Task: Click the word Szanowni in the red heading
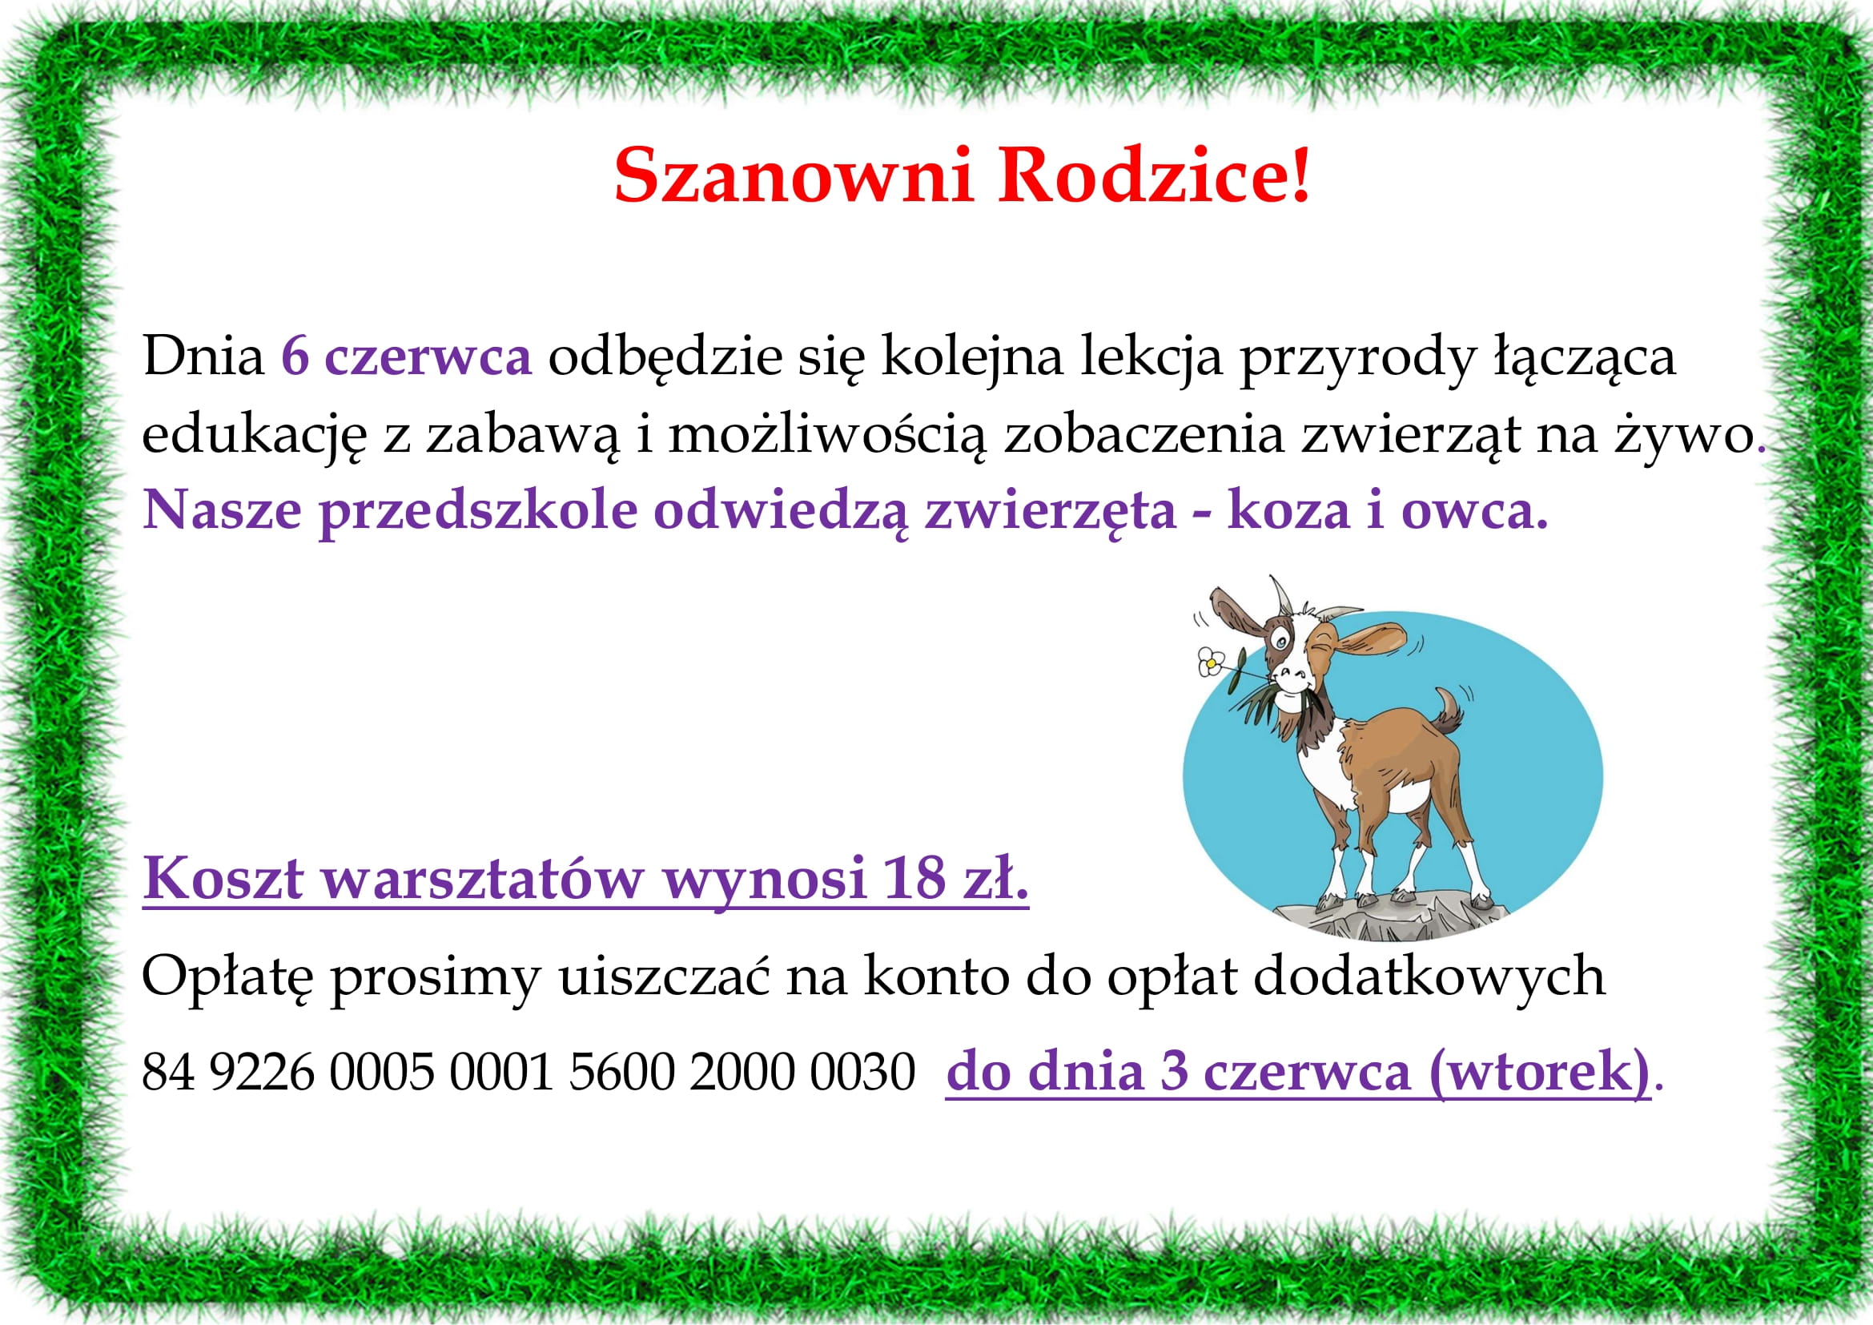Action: point(794,175)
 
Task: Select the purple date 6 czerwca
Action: point(406,356)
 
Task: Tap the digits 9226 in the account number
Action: point(262,1072)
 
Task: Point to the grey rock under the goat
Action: point(1387,918)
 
